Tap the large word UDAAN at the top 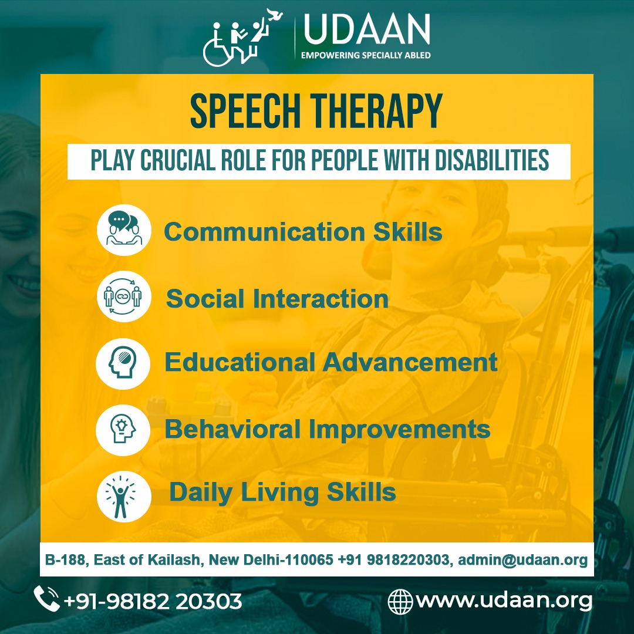tap(366, 30)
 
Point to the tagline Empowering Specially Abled tap(366, 55)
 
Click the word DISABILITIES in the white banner tap(492, 160)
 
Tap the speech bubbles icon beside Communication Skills tap(124, 230)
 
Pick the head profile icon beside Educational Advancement tap(123, 363)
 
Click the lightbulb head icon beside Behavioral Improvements tap(123, 430)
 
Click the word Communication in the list tap(265, 232)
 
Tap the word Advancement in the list tap(410, 362)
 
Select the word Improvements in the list tap(400, 429)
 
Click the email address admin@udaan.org tap(522, 561)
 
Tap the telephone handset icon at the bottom tap(46, 599)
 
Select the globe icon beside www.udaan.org tap(400, 601)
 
